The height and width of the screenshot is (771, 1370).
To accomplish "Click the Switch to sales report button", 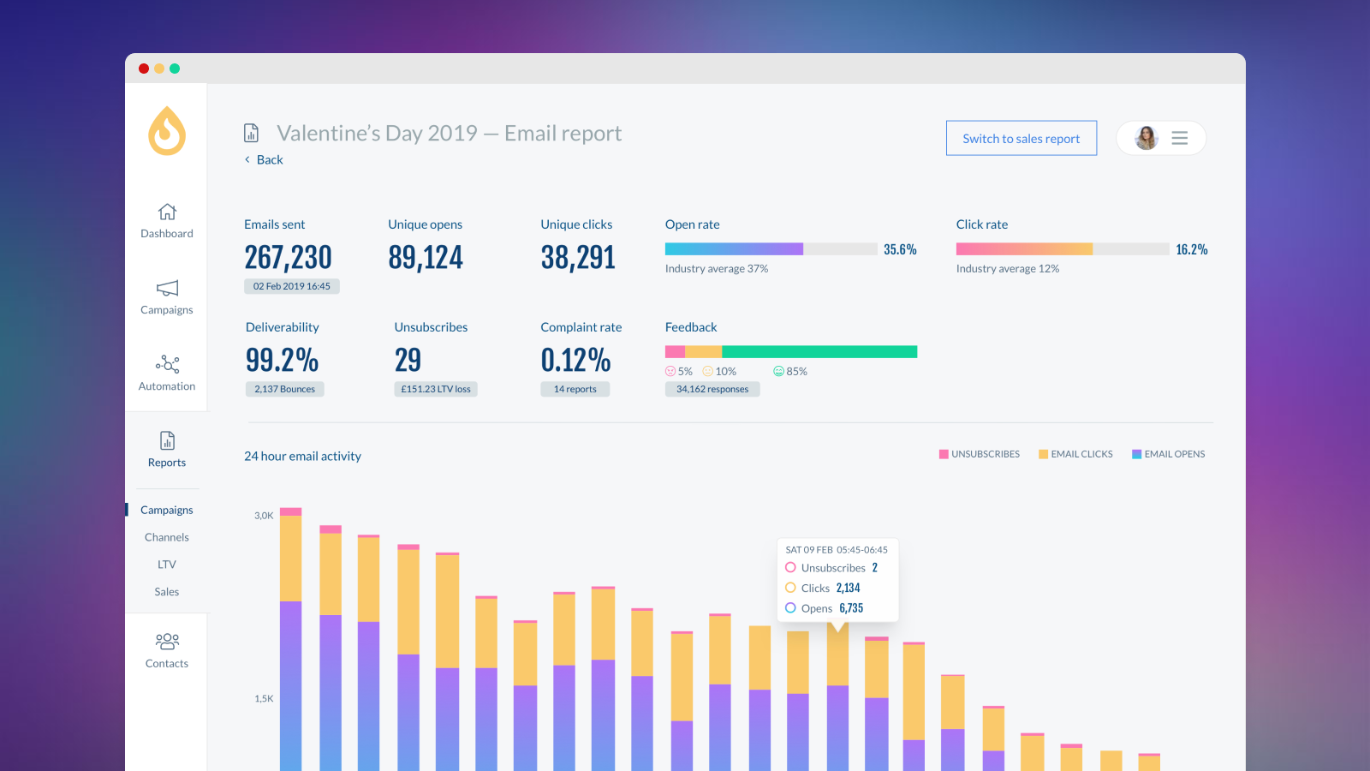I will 1021,139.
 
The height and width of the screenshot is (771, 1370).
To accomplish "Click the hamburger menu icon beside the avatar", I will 1179,138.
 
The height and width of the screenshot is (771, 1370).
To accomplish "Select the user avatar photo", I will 1146,138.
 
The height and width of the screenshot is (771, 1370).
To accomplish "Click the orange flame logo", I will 167,131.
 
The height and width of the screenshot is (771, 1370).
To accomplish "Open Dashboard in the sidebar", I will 167,220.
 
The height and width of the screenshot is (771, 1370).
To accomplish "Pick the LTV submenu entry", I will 167,565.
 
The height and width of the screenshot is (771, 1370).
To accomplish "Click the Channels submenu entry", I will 167,537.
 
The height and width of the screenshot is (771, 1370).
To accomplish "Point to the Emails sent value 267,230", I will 288,257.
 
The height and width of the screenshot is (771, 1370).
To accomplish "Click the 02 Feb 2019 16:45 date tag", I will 291,286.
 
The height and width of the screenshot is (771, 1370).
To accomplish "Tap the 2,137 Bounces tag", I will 284,389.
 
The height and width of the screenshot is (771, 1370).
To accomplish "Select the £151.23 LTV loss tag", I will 436,389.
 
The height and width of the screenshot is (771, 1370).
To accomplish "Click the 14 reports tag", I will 575,389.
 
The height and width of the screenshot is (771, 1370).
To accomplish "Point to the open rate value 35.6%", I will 900,249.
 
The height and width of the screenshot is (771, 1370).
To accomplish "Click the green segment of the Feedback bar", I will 819,352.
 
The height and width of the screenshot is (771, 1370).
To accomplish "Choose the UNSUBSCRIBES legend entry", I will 980,454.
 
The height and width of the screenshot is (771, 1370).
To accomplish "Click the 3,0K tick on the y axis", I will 264,516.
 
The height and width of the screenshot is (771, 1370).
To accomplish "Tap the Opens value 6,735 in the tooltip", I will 851,608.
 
